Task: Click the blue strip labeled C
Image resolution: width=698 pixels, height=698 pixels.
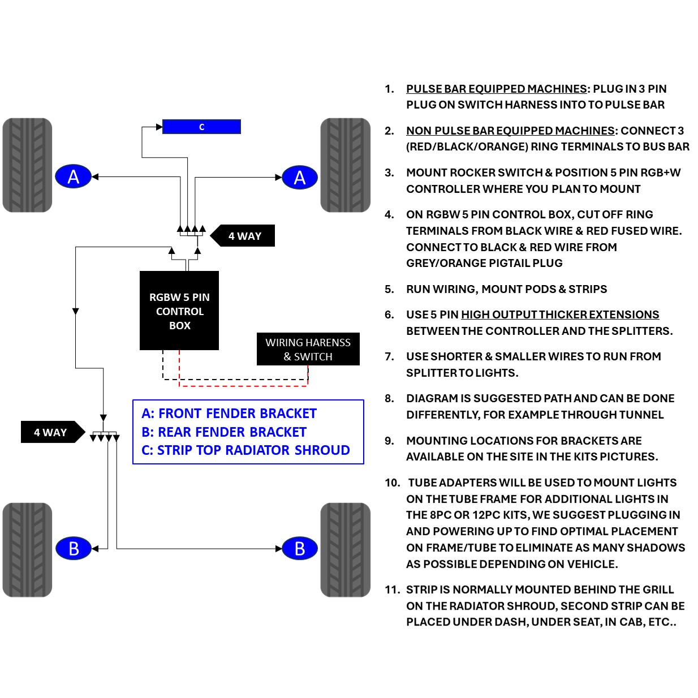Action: pyautogui.click(x=201, y=127)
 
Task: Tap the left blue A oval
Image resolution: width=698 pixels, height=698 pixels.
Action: pyautogui.click(x=73, y=176)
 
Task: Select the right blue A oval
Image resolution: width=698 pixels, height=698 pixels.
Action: pyautogui.click(x=300, y=178)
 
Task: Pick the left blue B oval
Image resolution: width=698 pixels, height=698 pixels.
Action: pyautogui.click(x=74, y=548)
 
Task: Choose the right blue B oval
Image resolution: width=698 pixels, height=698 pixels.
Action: pyautogui.click(x=300, y=549)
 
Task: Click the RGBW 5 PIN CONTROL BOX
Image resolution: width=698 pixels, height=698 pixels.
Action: pyautogui.click(x=179, y=311)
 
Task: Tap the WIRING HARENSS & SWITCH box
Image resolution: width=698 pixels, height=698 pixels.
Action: pyautogui.click(x=308, y=349)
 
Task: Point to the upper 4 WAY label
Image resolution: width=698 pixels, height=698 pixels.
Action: pyautogui.click(x=242, y=236)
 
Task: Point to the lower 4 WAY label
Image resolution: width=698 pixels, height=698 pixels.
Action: pyautogui.click(x=53, y=432)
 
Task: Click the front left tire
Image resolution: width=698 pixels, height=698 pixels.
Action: pyautogui.click(x=27, y=165)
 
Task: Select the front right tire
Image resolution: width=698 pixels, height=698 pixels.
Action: pyautogui.click(x=346, y=165)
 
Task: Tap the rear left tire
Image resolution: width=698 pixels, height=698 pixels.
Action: pyautogui.click(x=27, y=550)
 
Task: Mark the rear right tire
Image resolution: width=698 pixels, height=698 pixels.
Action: pyautogui.click(x=346, y=550)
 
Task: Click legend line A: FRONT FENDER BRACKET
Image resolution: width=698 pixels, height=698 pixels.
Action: pyautogui.click(x=229, y=413)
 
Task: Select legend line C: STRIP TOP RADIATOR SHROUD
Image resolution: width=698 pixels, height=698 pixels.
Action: pyautogui.click(x=245, y=450)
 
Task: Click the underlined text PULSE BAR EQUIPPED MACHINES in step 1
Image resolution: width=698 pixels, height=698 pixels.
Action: pyautogui.click(x=497, y=89)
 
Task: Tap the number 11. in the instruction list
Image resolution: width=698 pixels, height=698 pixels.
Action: pyautogui.click(x=393, y=590)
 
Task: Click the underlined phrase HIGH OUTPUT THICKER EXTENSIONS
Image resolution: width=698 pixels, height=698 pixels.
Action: pyautogui.click(x=560, y=314)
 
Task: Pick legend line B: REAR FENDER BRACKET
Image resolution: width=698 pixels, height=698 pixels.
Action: pyautogui.click(x=224, y=432)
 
